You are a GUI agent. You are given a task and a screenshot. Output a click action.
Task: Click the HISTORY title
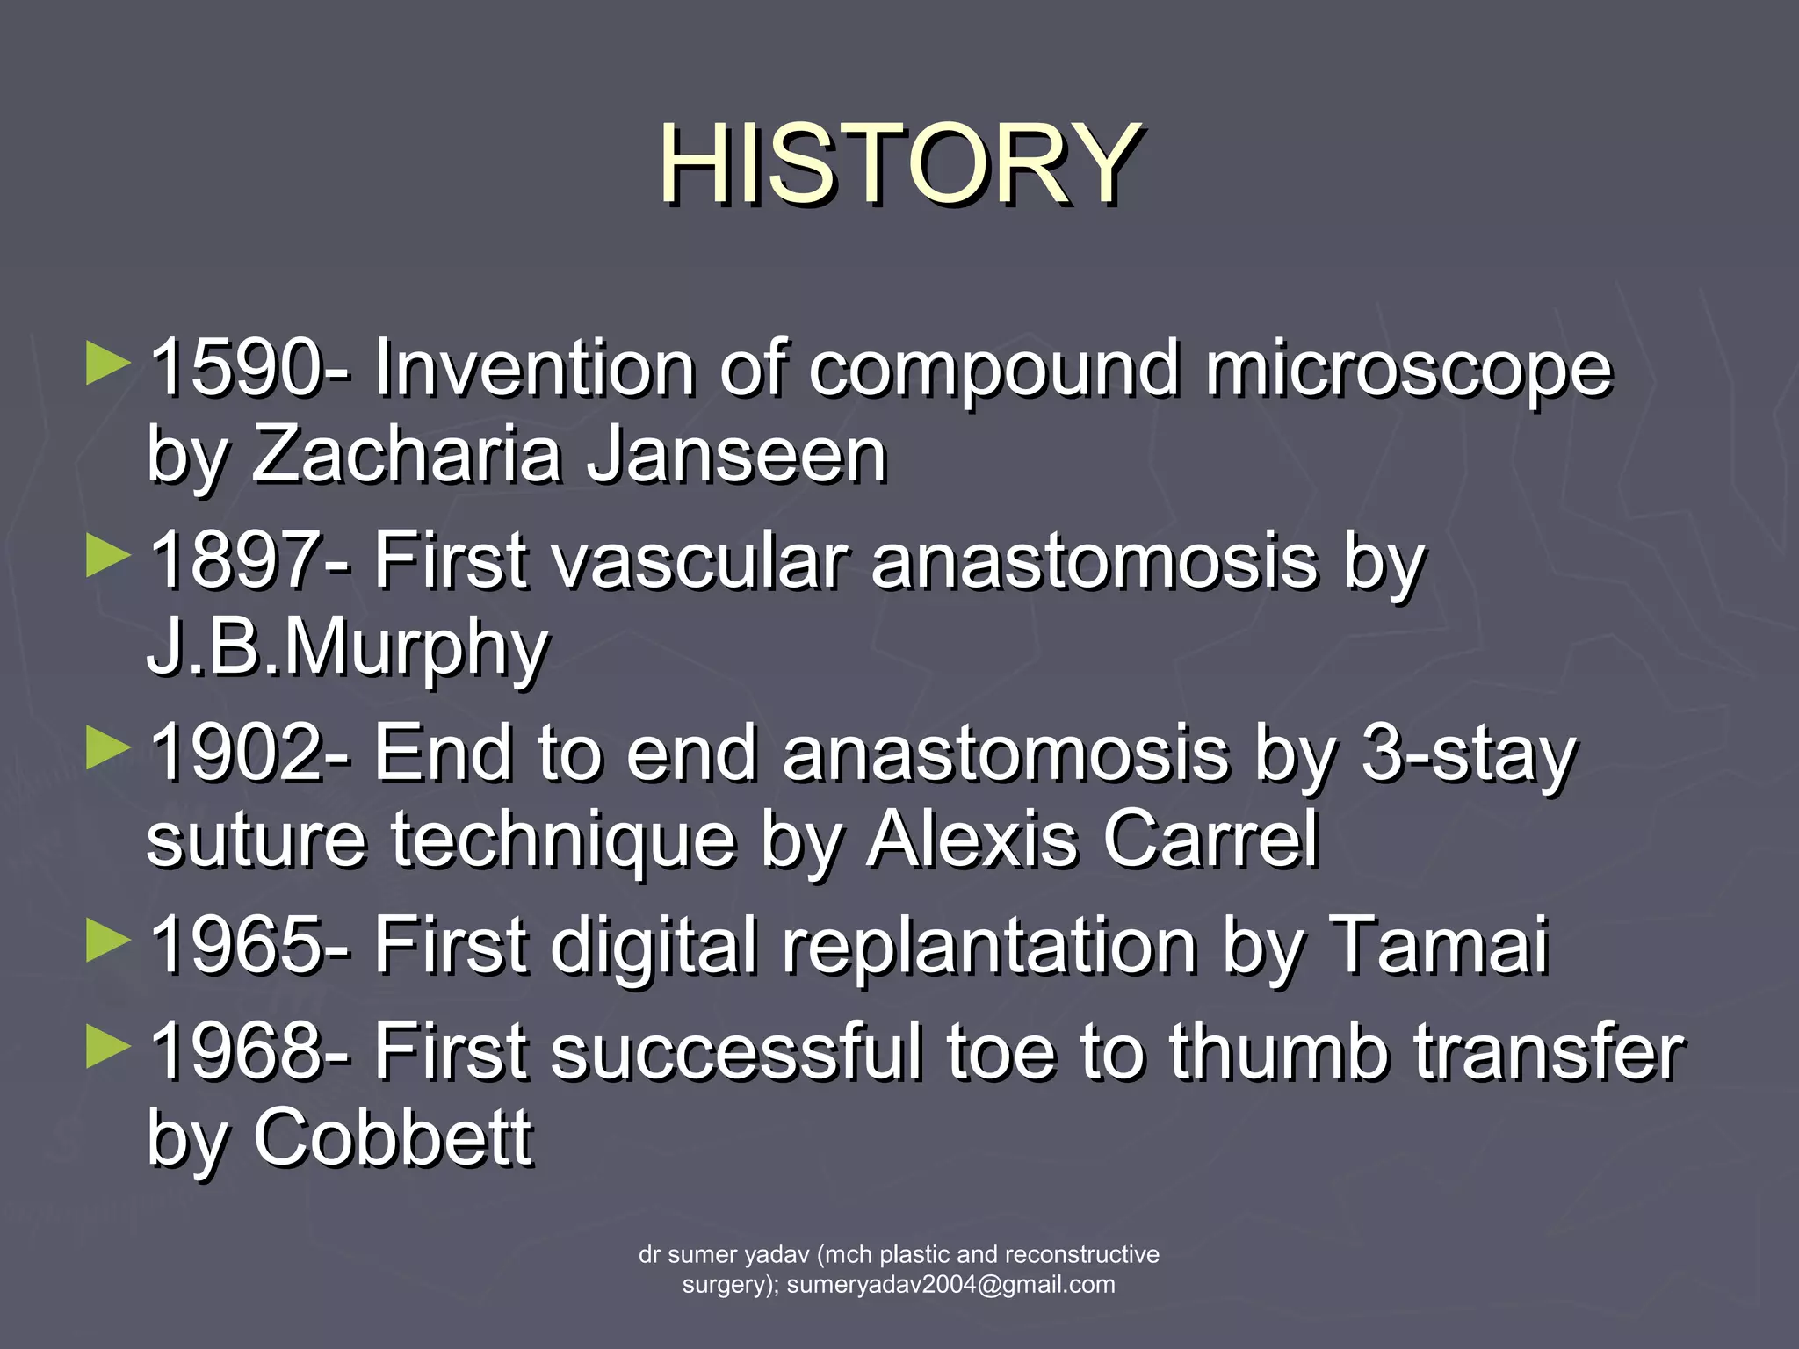pos(899,164)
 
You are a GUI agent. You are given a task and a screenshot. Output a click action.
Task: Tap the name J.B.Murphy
pos(348,648)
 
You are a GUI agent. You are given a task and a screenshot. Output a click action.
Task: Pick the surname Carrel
pos(1210,840)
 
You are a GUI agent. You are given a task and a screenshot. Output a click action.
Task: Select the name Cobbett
pos(393,1137)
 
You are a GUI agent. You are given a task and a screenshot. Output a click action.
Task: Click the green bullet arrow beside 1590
pos(108,364)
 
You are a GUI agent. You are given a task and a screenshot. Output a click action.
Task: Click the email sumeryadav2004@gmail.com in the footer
pos(950,1285)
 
